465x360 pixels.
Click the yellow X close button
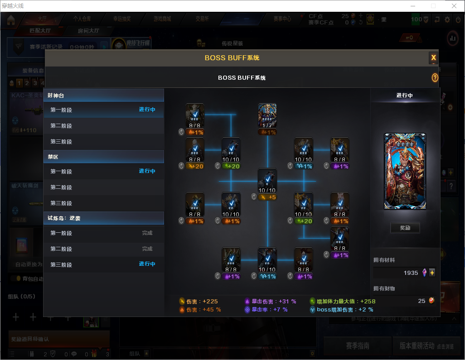click(433, 58)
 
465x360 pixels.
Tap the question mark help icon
click(435, 78)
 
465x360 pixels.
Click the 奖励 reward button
click(405, 228)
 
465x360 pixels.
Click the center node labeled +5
click(267, 181)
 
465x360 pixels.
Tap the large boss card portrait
click(405, 171)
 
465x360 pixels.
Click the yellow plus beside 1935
click(432, 273)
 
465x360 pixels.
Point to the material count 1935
click(411, 273)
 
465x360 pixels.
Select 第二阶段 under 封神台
click(61, 126)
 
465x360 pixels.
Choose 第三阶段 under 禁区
click(61, 203)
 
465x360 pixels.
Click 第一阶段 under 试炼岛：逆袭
click(61, 233)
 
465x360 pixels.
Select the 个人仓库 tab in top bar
click(82, 19)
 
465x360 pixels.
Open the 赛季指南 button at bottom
click(358, 346)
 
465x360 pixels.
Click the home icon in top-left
click(11, 20)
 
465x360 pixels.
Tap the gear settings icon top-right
click(447, 19)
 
